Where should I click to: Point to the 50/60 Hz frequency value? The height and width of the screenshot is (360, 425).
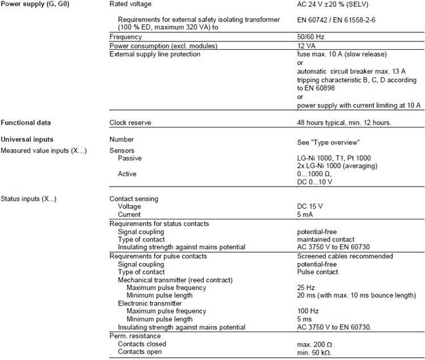tap(311, 37)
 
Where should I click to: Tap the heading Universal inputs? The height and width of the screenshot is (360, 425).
tap(27, 138)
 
